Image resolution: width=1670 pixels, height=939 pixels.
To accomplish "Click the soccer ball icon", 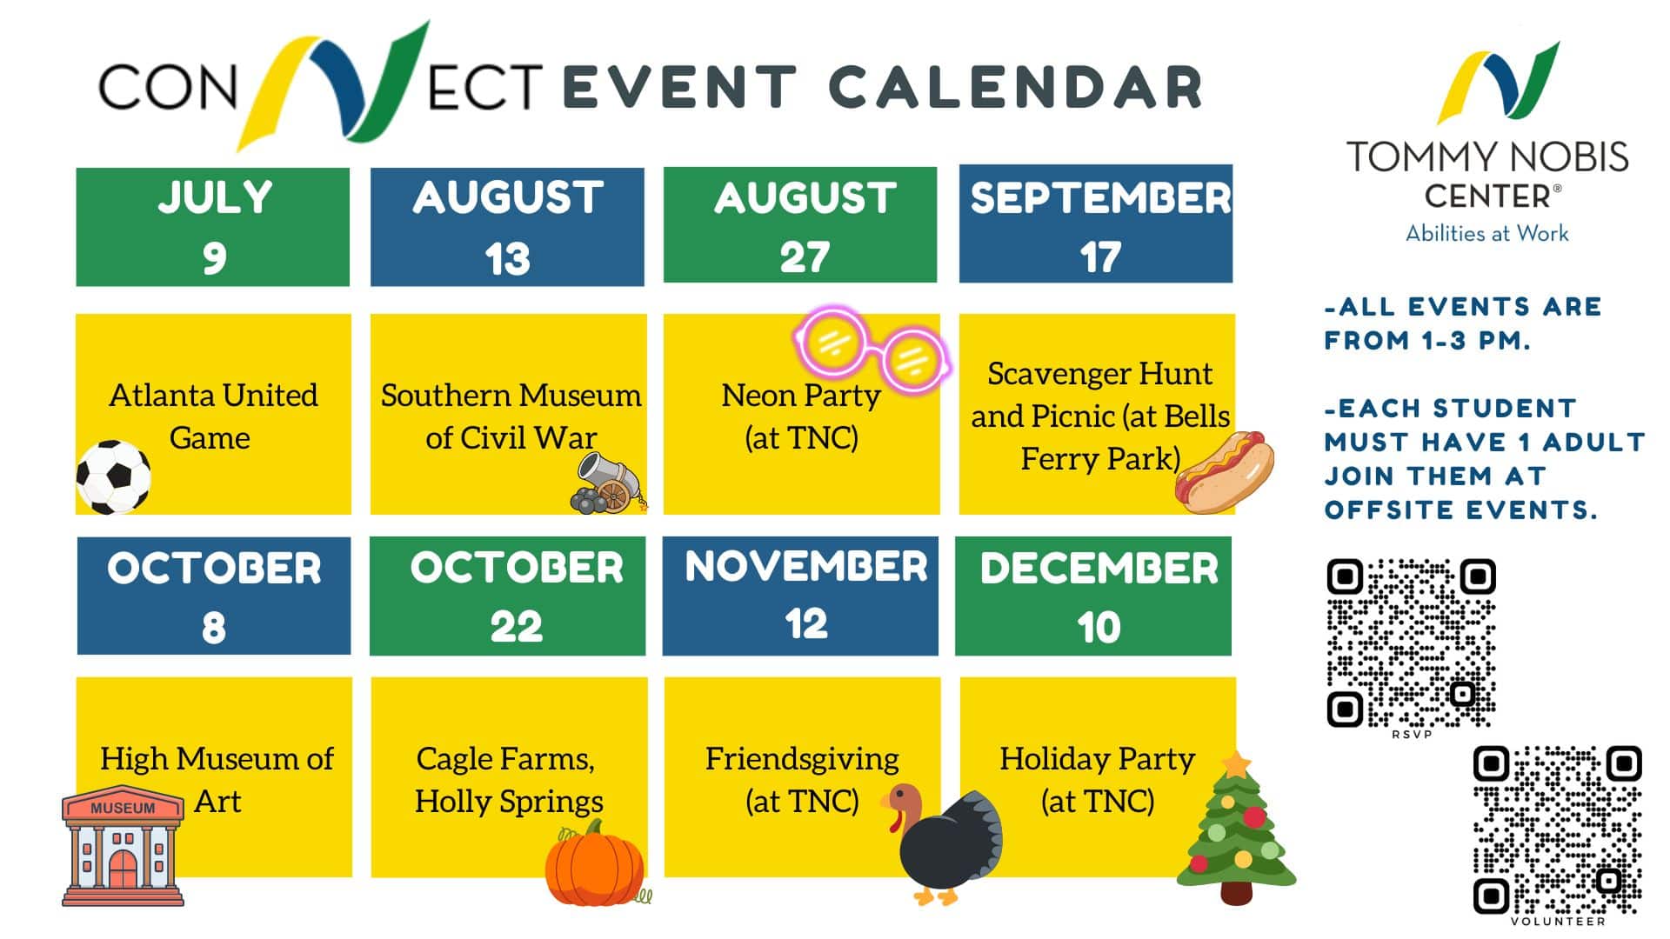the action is click(x=113, y=476).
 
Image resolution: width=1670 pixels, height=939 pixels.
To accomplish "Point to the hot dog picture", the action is click(x=1224, y=472).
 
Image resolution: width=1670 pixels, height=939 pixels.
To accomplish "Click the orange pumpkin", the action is click(x=597, y=863).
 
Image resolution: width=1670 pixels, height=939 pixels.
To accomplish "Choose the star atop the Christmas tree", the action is click(x=1236, y=764).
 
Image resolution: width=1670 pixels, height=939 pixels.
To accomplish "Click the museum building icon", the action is click(x=123, y=846).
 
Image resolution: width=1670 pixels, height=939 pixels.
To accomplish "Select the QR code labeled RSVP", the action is click(x=1411, y=643).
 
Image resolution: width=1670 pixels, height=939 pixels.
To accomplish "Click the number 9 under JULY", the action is click(x=214, y=258).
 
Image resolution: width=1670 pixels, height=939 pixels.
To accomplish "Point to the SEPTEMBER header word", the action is click(x=1100, y=198).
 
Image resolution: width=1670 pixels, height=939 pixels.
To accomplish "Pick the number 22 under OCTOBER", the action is click(x=516, y=627).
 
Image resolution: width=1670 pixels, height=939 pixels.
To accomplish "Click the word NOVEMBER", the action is click(x=805, y=567).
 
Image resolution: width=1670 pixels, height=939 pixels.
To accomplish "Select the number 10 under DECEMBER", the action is click(x=1099, y=628).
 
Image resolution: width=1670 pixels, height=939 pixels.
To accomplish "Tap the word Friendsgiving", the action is click(x=802, y=759).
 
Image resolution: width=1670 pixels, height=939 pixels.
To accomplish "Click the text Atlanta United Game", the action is click(x=213, y=416).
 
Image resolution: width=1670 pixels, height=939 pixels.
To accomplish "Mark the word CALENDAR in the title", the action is click(x=1014, y=88).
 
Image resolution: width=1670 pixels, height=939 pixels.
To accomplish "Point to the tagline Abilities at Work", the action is click(x=1487, y=233).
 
